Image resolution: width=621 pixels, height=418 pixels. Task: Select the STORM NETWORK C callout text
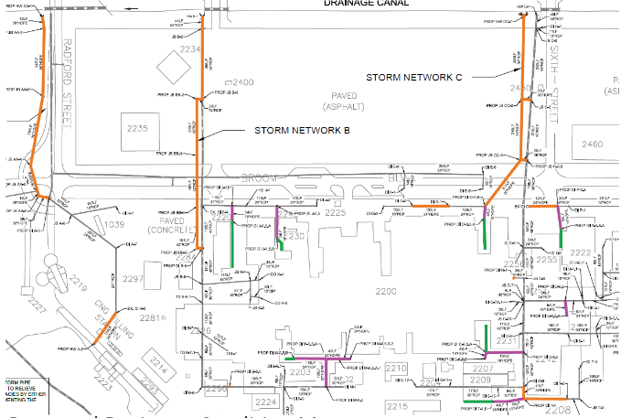click(414, 77)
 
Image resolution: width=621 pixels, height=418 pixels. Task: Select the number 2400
click(243, 82)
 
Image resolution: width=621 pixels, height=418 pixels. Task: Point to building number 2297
click(134, 279)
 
